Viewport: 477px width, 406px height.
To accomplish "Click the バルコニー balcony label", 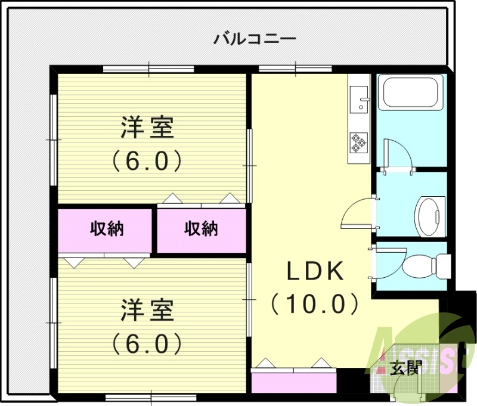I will coord(255,40).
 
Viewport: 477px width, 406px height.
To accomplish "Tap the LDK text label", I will coord(315,272).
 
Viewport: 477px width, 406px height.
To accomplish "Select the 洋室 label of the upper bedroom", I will coord(147,128).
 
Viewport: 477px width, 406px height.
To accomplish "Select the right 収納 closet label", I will coord(201,228).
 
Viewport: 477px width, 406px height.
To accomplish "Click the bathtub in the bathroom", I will coord(411,93).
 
